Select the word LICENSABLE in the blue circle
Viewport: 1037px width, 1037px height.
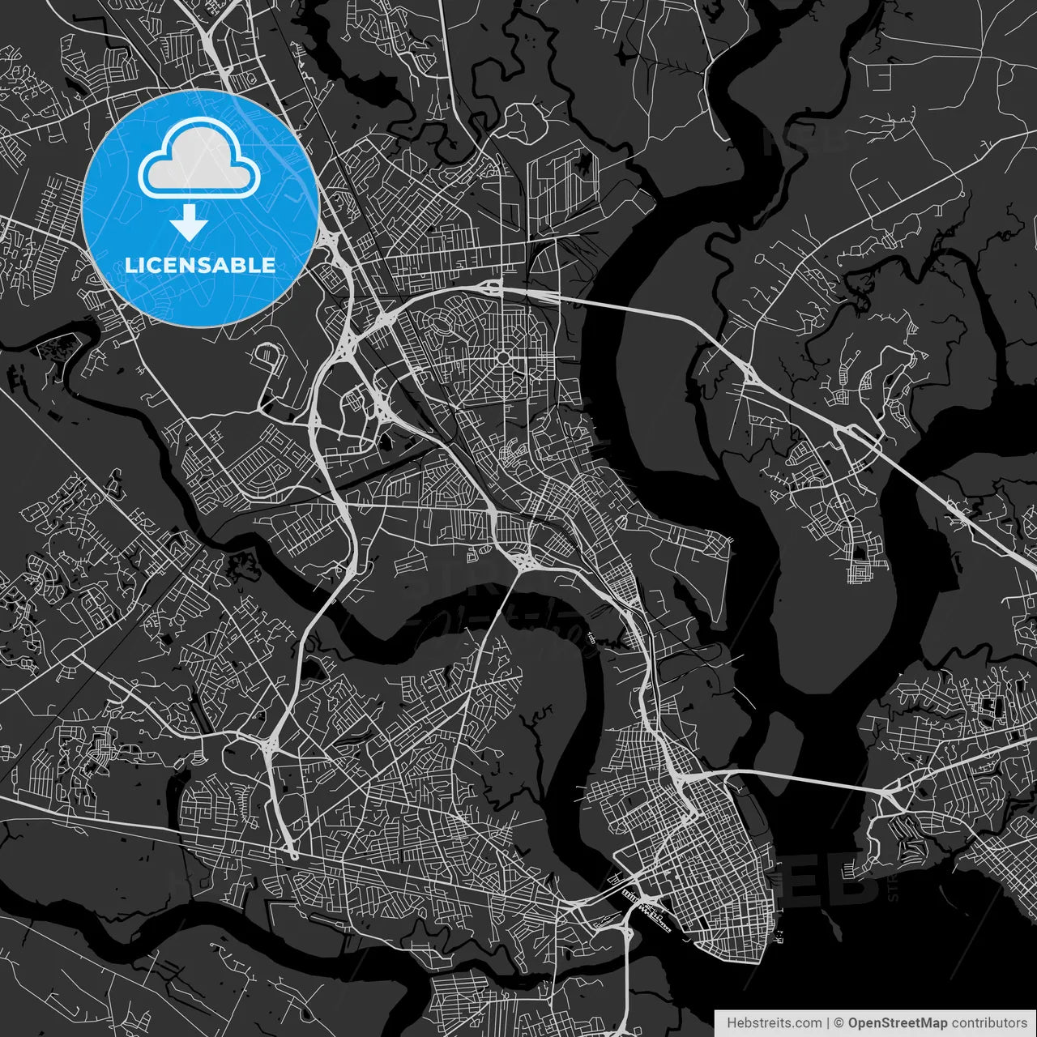pos(199,265)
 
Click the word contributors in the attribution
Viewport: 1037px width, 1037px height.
pos(989,1023)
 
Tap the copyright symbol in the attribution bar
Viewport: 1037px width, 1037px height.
pos(839,1023)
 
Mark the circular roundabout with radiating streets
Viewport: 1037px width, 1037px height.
pos(503,357)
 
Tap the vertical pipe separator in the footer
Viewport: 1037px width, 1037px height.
pos(827,1023)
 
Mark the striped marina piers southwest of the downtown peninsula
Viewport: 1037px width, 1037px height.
pos(648,907)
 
